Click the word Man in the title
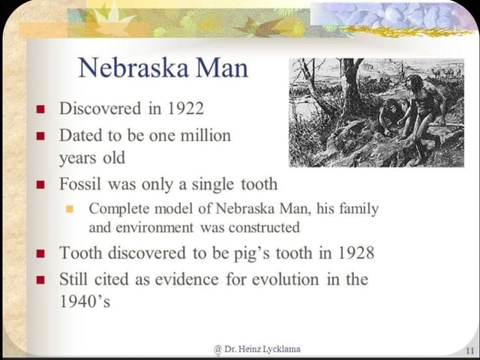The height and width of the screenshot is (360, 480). click(221, 68)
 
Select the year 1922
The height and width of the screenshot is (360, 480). click(185, 108)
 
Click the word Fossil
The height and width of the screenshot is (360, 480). click(80, 184)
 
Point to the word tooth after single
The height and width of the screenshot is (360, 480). click(257, 184)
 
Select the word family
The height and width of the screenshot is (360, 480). click(358, 208)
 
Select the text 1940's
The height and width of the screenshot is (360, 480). click(84, 302)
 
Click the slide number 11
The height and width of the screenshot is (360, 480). click(469, 350)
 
